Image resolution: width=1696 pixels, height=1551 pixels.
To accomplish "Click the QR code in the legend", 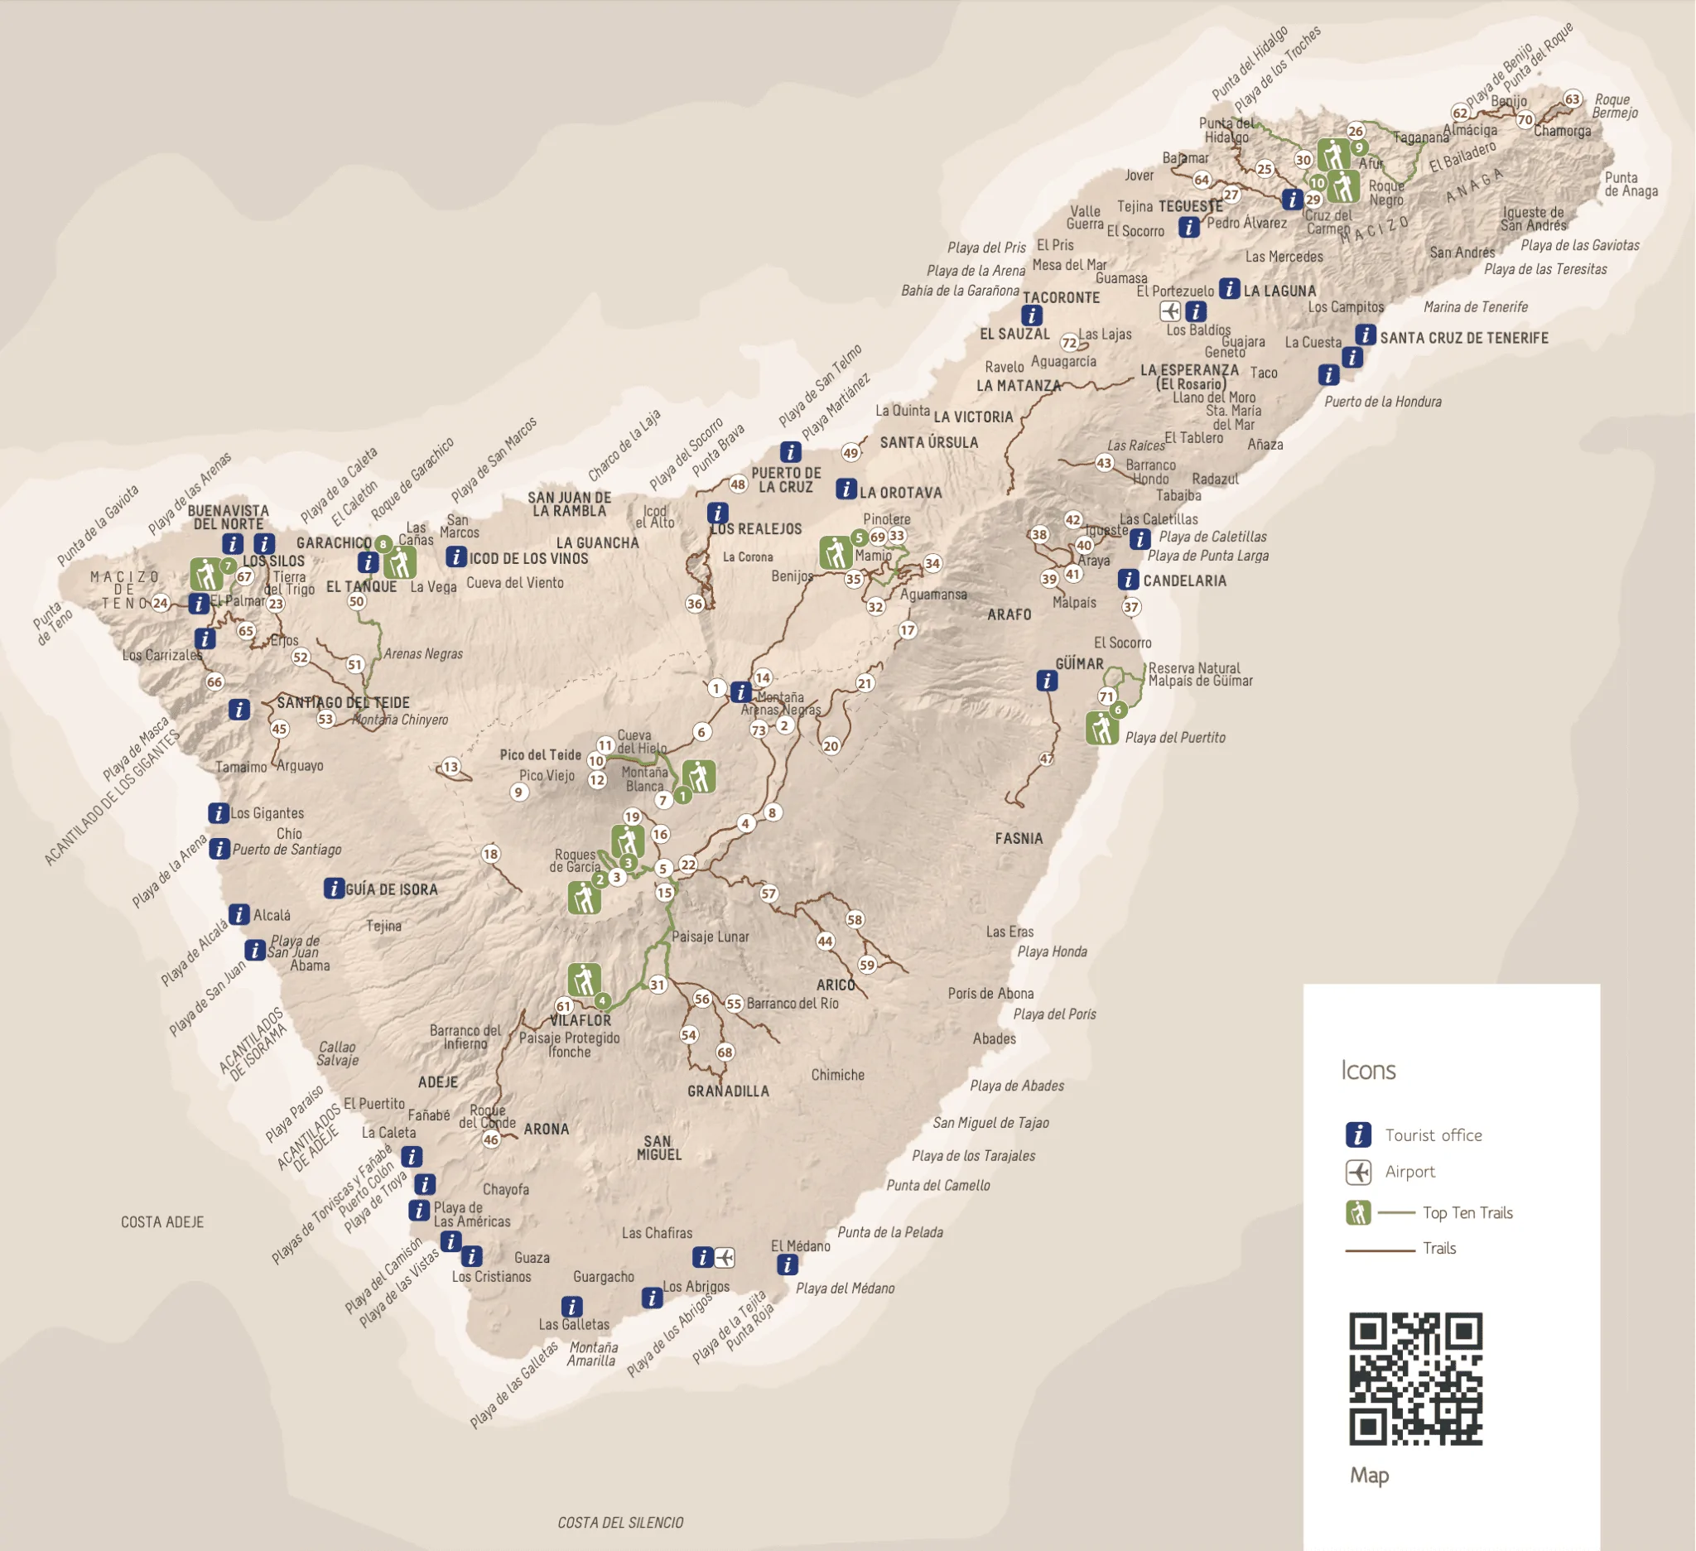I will tap(1416, 1379).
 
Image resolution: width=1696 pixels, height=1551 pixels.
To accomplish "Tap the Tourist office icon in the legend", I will tap(1359, 1134).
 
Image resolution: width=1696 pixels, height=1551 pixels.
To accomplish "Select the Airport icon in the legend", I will tap(1359, 1172).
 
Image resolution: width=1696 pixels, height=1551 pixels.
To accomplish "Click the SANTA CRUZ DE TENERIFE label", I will tap(1464, 338).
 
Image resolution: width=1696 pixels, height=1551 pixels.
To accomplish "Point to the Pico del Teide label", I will tap(540, 754).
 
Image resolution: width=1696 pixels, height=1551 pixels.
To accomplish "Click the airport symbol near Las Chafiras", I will tap(725, 1258).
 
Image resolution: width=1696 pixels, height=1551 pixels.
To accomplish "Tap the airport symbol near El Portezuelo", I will tap(1170, 311).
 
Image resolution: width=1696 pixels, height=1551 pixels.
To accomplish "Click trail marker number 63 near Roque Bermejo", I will tap(1573, 99).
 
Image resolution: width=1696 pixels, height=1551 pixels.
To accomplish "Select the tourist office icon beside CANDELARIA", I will tap(1128, 580).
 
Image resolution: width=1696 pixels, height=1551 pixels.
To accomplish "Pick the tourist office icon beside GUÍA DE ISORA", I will tap(334, 889).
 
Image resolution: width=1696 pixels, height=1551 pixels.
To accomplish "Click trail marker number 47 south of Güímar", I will tap(1047, 759).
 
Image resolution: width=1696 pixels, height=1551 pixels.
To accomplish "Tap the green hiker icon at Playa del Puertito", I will tap(1102, 729).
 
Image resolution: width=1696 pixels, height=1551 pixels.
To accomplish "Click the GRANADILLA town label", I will tap(728, 1091).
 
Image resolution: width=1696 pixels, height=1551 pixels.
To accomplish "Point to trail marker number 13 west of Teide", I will tap(451, 766).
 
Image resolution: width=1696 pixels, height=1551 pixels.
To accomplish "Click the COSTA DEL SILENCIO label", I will tap(620, 1522).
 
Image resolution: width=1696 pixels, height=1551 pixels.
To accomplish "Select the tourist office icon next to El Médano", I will tap(787, 1264).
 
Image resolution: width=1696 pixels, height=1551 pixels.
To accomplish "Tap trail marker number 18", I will tap(490, 854).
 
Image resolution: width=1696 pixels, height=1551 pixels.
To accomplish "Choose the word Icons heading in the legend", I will tap(1368, 1071).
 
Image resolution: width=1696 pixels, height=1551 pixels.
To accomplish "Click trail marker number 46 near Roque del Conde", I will tap(490, 1139).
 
